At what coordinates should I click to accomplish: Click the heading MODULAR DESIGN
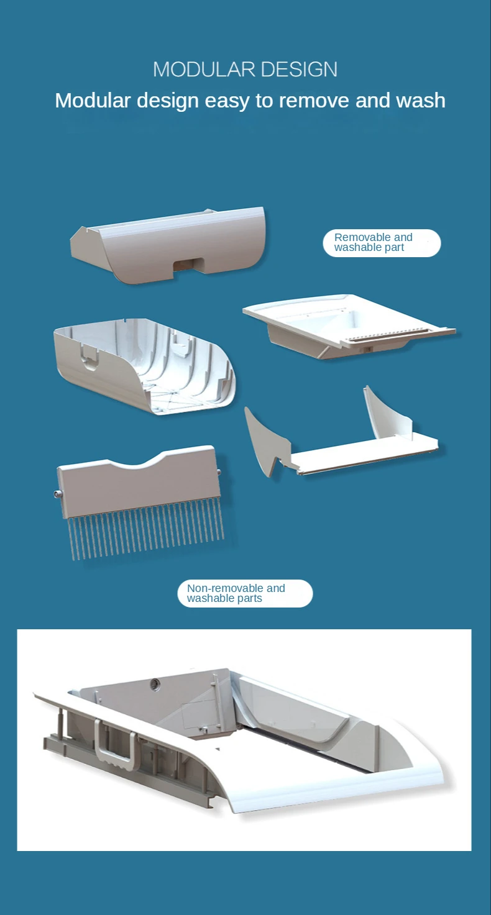click(245, 70)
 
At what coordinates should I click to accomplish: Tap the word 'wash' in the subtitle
click(421, 101)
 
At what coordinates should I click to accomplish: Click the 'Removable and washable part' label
click(382, 243)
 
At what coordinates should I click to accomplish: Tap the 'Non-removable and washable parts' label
click(245, 593)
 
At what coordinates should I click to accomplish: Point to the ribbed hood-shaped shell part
click(144, 366)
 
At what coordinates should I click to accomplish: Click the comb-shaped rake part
click(140, 502)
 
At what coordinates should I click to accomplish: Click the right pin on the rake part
click(219, 472)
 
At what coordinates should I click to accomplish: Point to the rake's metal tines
click(146, 534)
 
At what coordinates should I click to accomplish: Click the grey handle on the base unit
click(115, 745)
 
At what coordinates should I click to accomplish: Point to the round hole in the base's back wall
click(155, 683)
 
